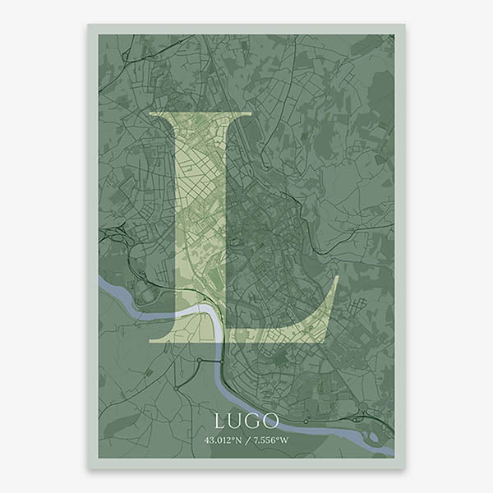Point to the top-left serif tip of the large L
(150, 112)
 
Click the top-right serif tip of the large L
(251, 112)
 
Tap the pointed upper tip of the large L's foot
(338, 277)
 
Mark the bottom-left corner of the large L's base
(149, 342)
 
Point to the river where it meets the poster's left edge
(100, 283)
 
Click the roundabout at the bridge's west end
(198, 360)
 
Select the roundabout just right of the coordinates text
(306, 421)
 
